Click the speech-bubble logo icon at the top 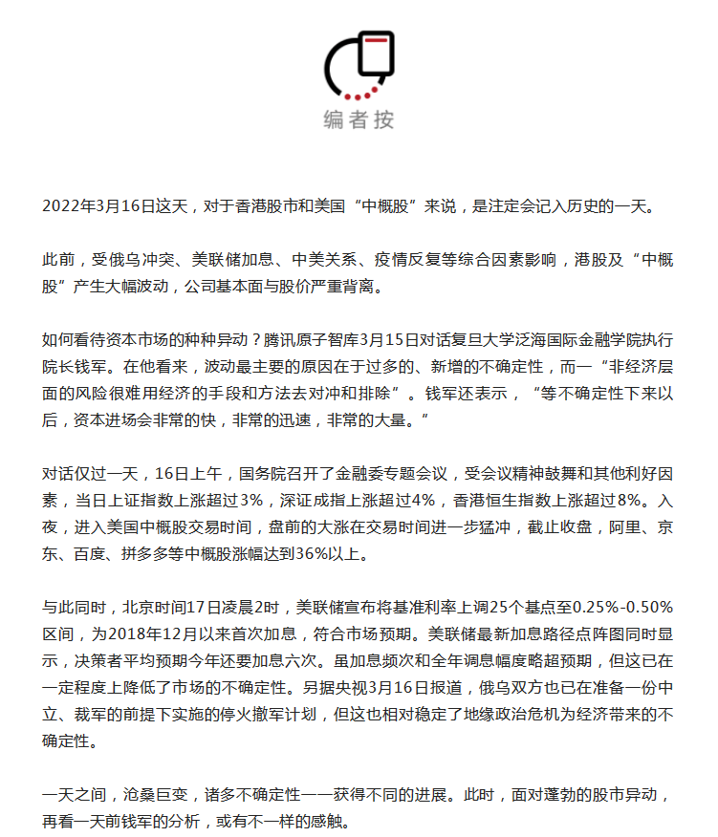[359, 65]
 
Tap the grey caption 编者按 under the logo [359, 119]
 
